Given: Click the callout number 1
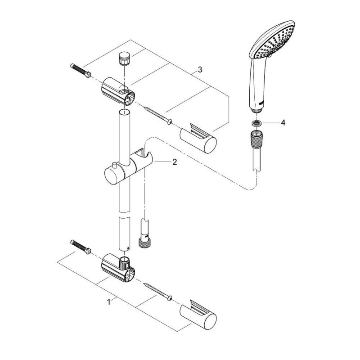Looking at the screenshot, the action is [109, 301].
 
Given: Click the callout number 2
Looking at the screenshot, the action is [175, 162].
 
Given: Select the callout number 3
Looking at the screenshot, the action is [200, 69].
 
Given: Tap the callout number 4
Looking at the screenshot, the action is [283, 123].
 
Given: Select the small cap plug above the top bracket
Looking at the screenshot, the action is [124, 59].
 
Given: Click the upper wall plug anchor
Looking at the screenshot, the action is [81, 71].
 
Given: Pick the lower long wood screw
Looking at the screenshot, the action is [158, 291].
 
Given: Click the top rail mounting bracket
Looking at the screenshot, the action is [118, 91].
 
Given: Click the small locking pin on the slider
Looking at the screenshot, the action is [114, 166].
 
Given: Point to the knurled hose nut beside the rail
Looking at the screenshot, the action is [144, 243].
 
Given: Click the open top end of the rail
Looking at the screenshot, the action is [124, 112].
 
